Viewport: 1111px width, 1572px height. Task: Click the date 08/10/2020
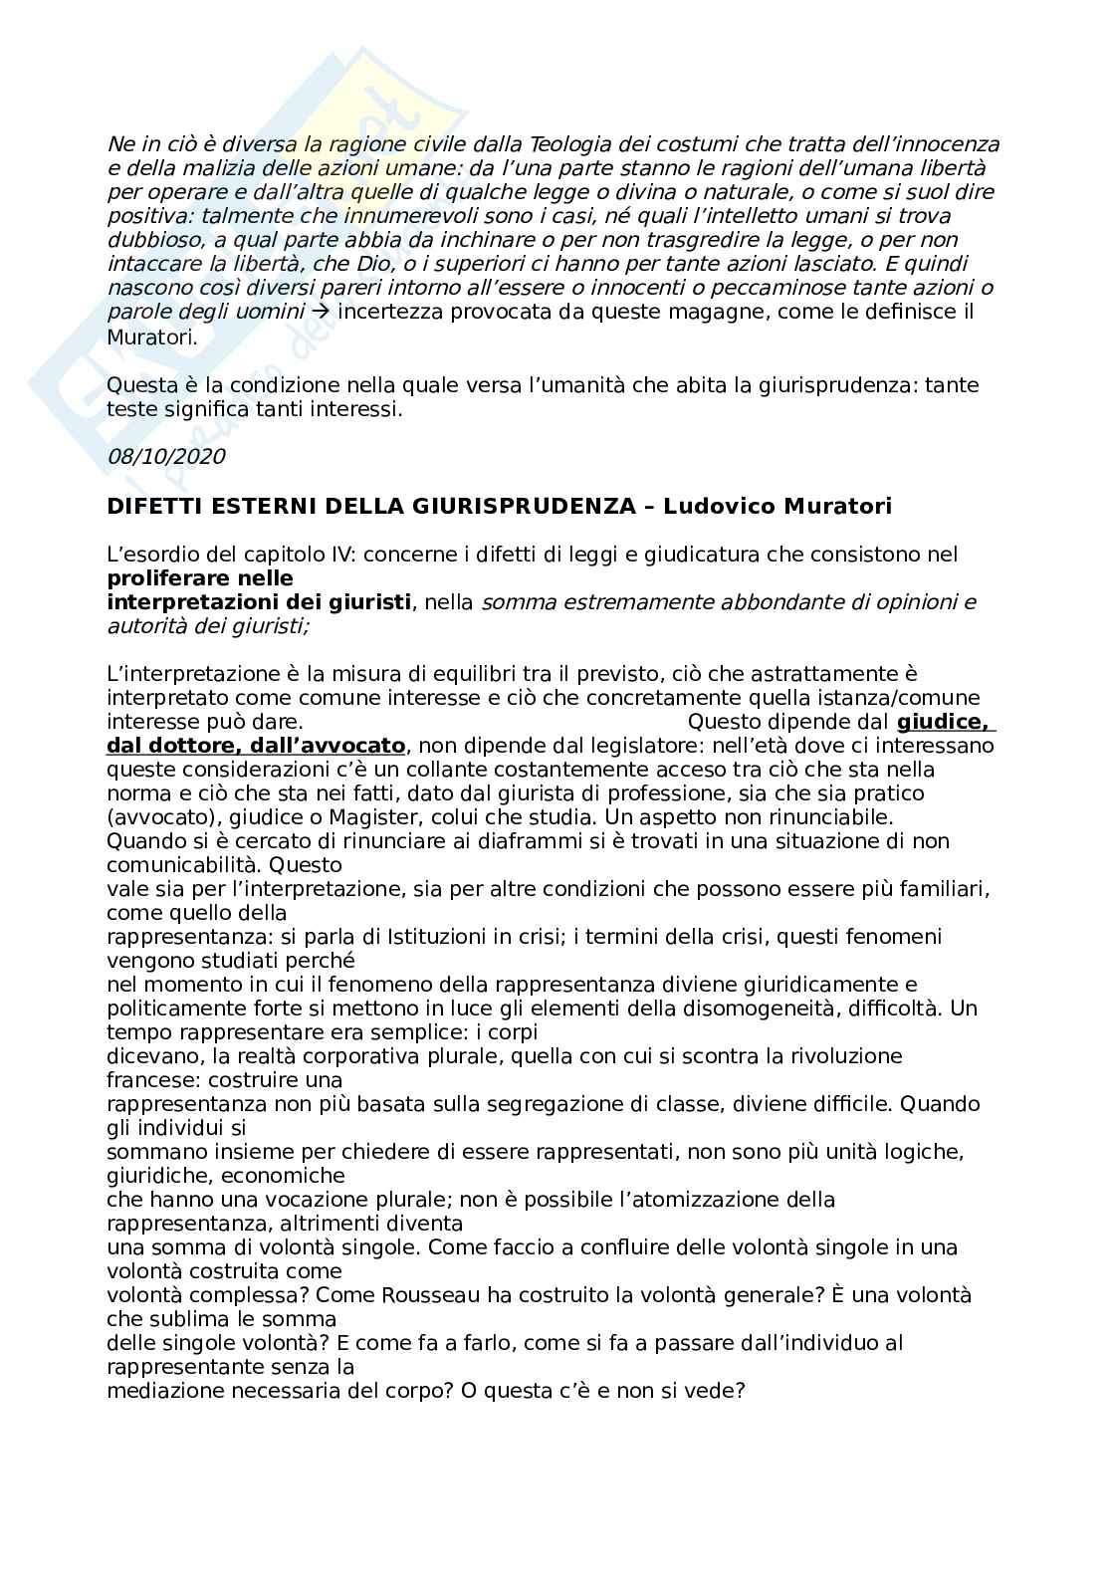coord(166,457)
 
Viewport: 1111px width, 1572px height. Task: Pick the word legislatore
coord(624,746)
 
